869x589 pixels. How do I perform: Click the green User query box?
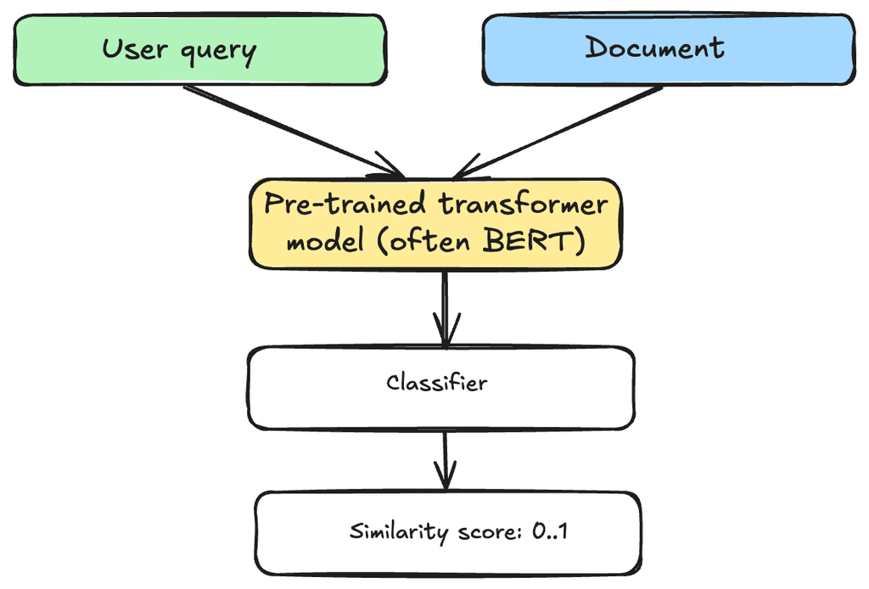pyautogui.click(x=199, y=49)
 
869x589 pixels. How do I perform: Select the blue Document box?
pyautogui.click(x=668, y=49)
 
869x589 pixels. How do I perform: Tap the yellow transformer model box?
pyautogui.click(x=435, y=224)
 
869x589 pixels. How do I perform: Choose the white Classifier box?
pyautogui.click(x=440, y=387)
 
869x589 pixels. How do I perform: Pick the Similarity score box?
pyautogui.click(x=447, y=532)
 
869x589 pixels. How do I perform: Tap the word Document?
pyautogui.click(x=654, y=48)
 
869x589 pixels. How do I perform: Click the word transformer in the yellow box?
pyautogui.click(x=524, y=205)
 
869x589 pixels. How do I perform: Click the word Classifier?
pyautogui.click(x=437, y=383)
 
